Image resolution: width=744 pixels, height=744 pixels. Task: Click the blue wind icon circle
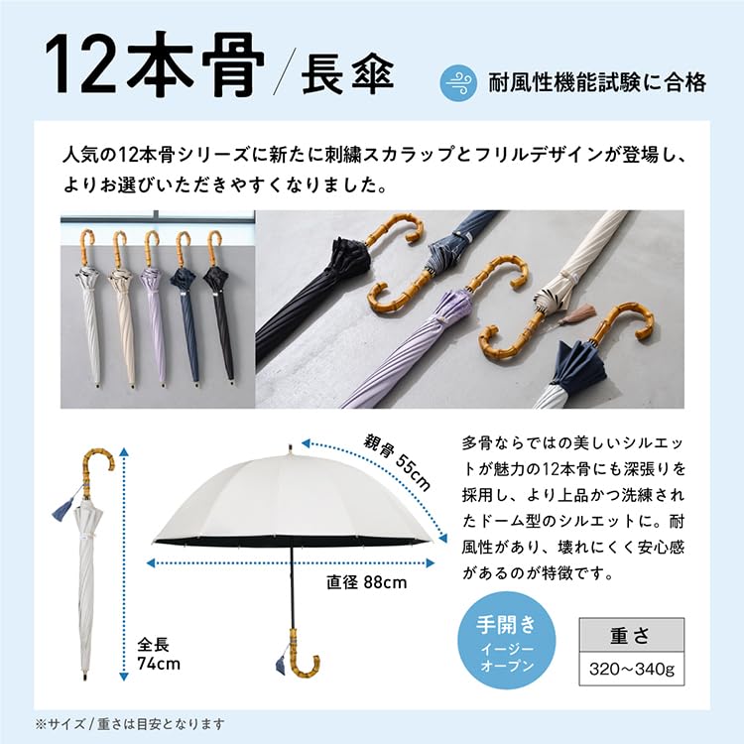point(458,81)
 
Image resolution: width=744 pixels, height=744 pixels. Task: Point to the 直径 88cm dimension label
point(366,582)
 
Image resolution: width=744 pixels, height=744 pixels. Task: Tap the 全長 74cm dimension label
point(159,653)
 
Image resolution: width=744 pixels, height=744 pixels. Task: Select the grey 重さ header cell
point(631,633)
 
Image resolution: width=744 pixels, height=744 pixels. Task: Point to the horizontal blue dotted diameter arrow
point(288,563)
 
